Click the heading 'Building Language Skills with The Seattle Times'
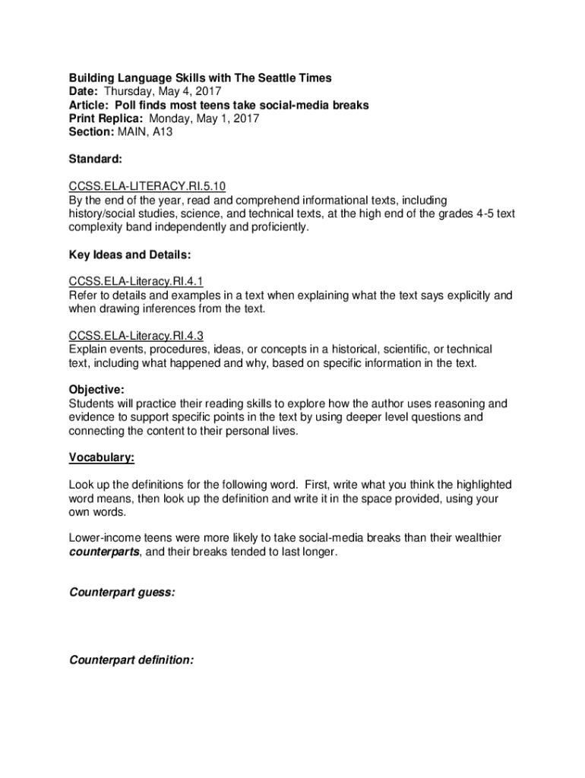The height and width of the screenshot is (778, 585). coord(201,78)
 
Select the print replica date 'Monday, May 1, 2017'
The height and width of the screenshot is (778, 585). coord(204,119)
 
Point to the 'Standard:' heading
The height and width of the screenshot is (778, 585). coord(95,160)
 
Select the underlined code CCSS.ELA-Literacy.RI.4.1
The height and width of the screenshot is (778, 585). coord(136,281)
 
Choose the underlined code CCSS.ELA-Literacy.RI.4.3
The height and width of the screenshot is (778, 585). coord(136,335)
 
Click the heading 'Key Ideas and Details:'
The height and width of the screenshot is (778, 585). coord(130,255)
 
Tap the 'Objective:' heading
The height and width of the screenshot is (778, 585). coord(96,390)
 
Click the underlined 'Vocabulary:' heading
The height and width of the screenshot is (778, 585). coord(102,457)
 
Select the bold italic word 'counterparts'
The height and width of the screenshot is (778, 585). coord(104,552)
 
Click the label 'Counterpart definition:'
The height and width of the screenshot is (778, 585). coord(131,659)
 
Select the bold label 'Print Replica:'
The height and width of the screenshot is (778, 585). coord(107,119)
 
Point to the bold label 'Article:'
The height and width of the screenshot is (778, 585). coord(89,106)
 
